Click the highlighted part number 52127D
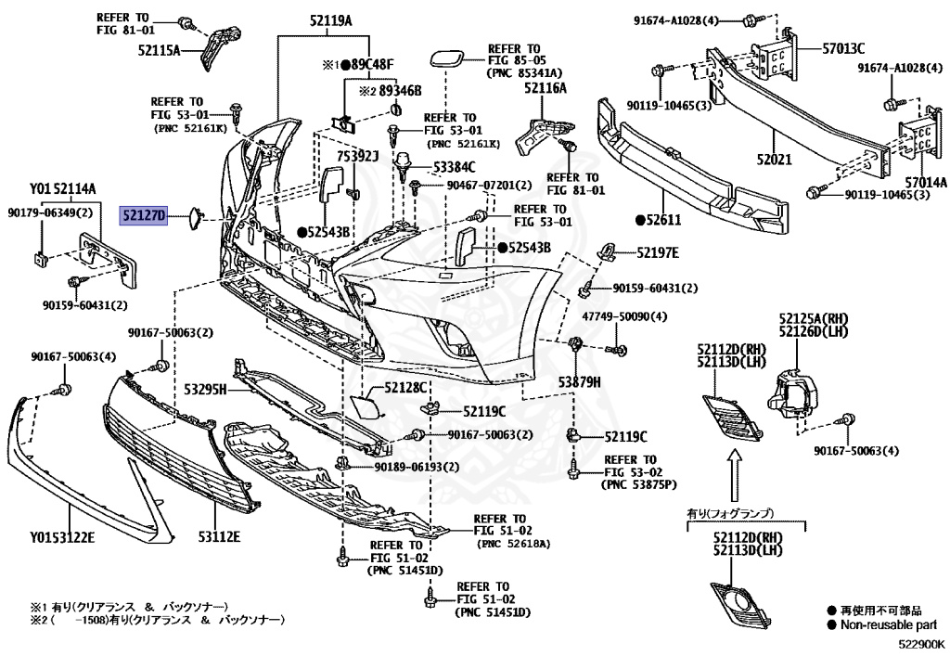[x=143, y=217]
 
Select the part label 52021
[x=773, y=160]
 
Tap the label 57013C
[x=842, y=48]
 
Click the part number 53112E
[x=219, y=536]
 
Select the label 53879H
[x=580, y=381]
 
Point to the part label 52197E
[x=657, y=252]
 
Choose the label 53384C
[x=454, y=167]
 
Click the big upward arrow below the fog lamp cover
[x=736, y=475]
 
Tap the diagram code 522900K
[x=919, y=642]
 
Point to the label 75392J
[x=358, y=157]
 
